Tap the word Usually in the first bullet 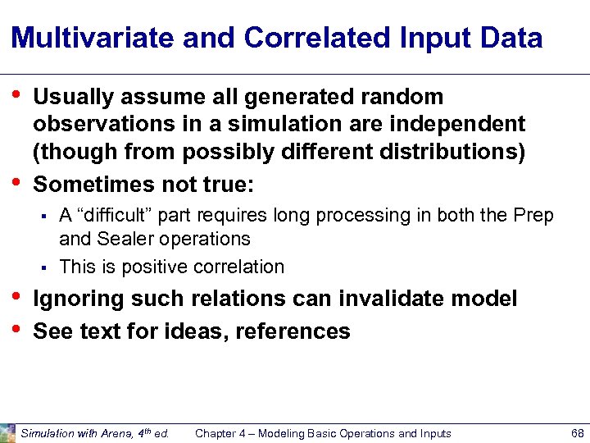click(x=73, y=97)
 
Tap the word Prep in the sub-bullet click(x=533, y=216)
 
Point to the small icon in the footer click(x=8, y=433)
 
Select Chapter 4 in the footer click(x=222, y=433)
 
